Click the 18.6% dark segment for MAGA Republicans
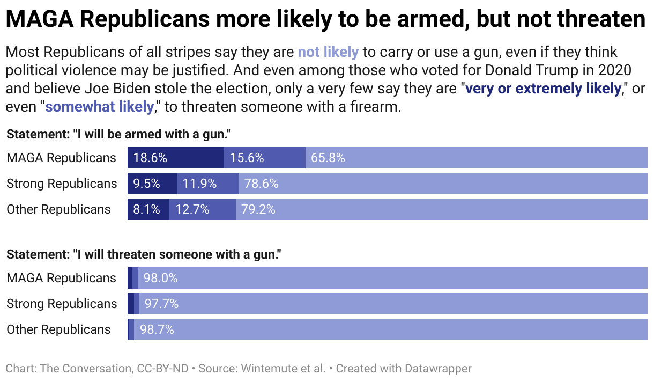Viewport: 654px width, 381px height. coord(175,158)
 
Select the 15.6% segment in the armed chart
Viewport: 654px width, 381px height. coord(264,158)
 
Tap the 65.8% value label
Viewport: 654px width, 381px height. coord(328,158)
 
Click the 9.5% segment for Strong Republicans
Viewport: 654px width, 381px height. coord(152,184)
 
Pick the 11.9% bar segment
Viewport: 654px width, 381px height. coord(207,184)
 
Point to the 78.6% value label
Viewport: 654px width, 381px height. coord(262,184)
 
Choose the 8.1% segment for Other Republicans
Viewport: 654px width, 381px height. coord(148,209)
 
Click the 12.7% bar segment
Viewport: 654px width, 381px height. coord(202,209)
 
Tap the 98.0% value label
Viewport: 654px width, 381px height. coord(160,278)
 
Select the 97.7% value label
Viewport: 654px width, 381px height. coord(161,304)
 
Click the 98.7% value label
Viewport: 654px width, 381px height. coord(157,329)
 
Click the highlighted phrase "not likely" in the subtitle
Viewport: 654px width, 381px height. coord(328,52)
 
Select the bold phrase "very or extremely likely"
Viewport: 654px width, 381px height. coord(543,89)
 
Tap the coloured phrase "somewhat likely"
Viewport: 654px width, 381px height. coord(99,107)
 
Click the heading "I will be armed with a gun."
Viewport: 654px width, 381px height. coord(118,134)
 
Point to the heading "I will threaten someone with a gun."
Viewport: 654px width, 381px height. coord(144,254)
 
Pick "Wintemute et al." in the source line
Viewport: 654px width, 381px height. coord(283,369)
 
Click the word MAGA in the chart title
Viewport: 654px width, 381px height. coord(39,20)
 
